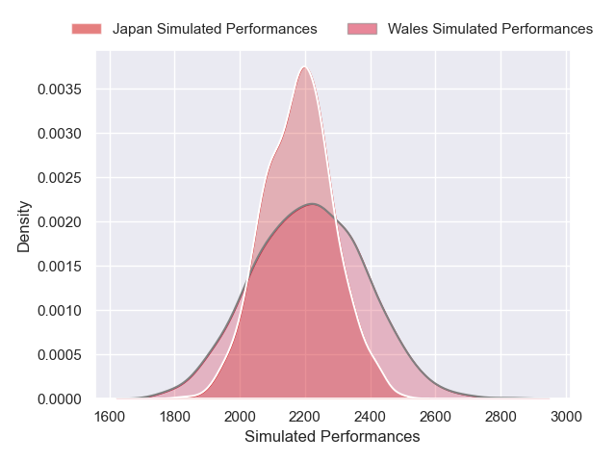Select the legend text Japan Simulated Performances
[x=215, y=29]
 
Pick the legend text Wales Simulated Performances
[x=490, y=29]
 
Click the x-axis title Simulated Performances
[x=332, y=436]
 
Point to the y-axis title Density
[x=24, y=226]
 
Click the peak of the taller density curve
[x=305, y=66]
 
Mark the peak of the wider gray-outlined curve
[x=313, y=204]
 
